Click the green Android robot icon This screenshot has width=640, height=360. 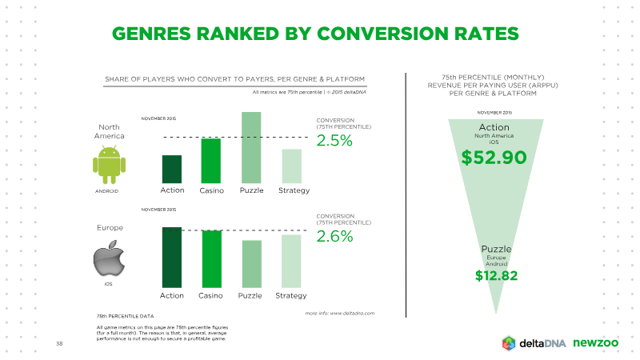[x=109, y=166]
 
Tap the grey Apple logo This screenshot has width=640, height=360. [x=109, y=258]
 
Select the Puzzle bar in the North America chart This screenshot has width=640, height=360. [x=251, y=148]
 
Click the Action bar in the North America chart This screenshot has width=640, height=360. [x=172, y=170]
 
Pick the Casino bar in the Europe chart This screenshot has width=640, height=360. [x=212, y=259]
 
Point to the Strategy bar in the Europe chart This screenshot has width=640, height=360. [x=291, y=262]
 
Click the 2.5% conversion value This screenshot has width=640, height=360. [x=334, y=141]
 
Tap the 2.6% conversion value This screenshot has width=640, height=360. [x=334, y=236]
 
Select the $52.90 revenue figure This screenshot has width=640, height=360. [x=494, y=158]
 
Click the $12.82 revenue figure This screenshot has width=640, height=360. [x=496, y=276]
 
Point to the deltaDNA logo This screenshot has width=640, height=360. [x=534, y=343]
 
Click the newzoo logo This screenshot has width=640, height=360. [x=595, y=343]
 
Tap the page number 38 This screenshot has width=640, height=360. [x=59, y=344]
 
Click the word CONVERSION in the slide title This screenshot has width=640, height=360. [x=383, y=34]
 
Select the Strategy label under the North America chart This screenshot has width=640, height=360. [x=294, y=190]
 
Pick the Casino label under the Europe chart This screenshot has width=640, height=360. [x=210, y=295]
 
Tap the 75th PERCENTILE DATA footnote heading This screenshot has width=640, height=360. [x=126, y=316]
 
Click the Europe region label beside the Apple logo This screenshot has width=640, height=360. [x=110, y=228]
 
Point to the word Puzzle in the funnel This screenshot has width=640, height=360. [x=496, y=249]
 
